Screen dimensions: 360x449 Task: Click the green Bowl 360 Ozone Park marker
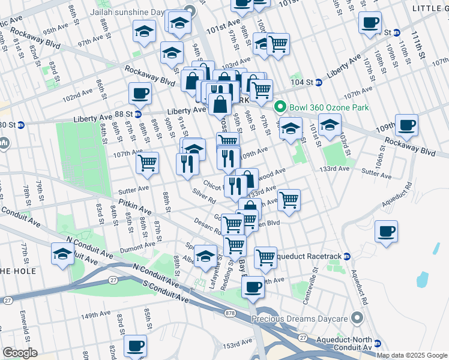click(279, 107)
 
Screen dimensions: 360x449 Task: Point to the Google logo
click(19, 353)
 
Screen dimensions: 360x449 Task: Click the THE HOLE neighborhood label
click(19, 271)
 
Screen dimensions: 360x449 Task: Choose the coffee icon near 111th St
click(370, 23)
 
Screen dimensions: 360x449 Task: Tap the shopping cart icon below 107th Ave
click(147, 163)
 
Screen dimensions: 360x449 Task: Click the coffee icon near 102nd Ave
click(140, 93)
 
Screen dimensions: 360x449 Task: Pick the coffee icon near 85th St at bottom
click(135, 346)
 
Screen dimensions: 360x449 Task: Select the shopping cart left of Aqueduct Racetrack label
click(265, 257)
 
